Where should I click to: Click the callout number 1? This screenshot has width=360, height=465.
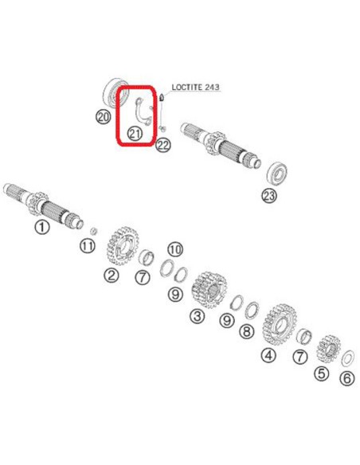[42, 227]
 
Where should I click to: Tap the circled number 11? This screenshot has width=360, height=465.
[88, 245]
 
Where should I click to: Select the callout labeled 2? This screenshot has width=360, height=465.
[112, 275]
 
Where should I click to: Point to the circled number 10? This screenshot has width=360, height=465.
[175, 250]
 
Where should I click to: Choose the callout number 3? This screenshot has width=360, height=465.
[198, 316]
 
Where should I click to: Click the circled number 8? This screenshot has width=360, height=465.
[247, 331]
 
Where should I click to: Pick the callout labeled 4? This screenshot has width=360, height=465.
[268, 355]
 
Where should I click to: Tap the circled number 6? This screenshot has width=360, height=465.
[347, 378]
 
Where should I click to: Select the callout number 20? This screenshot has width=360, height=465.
[103, 117]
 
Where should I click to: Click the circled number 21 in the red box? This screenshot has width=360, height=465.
[135, 134]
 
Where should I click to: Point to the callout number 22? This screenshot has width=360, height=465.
[163, 145]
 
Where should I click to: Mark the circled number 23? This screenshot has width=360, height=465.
[269, 196]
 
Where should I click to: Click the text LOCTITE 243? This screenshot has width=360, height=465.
[196, 87]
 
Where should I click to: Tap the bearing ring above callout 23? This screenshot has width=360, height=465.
[277, 173]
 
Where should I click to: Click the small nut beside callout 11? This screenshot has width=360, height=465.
[93, 230]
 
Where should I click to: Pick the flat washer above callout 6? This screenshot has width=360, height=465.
[347, 358]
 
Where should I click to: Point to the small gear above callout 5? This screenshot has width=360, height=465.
[329, 350]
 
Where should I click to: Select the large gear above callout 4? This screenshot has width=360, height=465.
[280, 324]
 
